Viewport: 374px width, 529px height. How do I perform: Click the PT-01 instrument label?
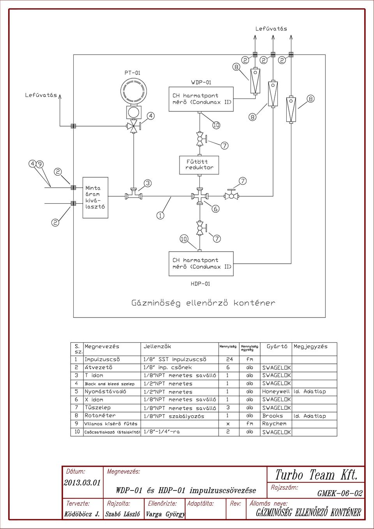coord(132,73)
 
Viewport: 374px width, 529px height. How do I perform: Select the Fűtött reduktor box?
coord(199,165)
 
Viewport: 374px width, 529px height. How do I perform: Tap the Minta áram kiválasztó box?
coord(95,197)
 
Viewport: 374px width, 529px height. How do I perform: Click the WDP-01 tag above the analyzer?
coord(201,83)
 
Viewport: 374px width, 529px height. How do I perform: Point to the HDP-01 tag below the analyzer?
coord(200,284)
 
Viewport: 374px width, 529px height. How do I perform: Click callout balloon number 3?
coord(148,183)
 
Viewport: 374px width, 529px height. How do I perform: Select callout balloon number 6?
coord(215,209)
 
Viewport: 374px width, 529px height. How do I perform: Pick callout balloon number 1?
coord(161,215)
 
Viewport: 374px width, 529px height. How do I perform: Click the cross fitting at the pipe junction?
coord(200,196)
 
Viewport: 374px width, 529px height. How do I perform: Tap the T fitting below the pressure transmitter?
coord(134,194)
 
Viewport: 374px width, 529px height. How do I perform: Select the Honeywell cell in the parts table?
coord(276,391)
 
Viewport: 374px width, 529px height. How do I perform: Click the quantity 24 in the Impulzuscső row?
coord(229,359)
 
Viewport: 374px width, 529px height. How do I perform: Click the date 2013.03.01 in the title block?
coord(82,483)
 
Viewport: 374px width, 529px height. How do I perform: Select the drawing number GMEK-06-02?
coord(340,493)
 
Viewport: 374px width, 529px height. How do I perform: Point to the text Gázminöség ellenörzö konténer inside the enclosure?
coord(203,303)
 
